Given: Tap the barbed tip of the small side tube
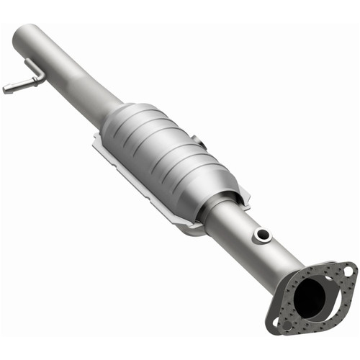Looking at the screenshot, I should [x=6, y=89].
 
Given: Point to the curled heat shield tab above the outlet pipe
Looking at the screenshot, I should [x=243, y=192].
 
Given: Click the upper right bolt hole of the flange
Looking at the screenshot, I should [x=348, y=271].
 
